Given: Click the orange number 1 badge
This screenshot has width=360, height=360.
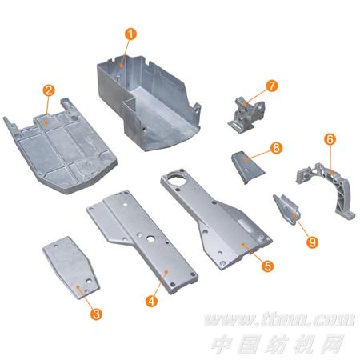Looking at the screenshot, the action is coord(130,34).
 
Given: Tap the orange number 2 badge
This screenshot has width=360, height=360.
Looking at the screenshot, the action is coord(49,90).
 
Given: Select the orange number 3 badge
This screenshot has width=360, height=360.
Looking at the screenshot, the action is coord(96,314).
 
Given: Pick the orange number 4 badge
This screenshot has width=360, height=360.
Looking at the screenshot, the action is coord(151,301).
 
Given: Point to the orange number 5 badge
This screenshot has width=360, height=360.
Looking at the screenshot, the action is coord(267,266).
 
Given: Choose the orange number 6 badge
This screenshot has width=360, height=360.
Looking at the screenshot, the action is coord(330,139).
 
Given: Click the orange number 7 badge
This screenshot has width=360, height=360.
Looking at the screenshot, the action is coord(272,86).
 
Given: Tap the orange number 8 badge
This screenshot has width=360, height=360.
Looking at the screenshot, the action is coord(276,147).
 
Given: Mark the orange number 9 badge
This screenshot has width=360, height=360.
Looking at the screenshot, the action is coord(312,242).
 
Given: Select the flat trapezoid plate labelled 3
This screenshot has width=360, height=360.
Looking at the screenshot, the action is coord(71,267).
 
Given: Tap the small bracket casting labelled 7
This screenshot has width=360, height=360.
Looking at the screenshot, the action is coord(246,115).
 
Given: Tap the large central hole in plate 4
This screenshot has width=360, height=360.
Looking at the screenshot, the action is coord(150,239).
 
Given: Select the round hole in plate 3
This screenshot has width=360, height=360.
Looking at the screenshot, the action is coord(89,281).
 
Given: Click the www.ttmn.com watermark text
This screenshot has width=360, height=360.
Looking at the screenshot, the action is coord(279,320).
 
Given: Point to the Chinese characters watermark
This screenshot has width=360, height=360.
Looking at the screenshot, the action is coord(278,344).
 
